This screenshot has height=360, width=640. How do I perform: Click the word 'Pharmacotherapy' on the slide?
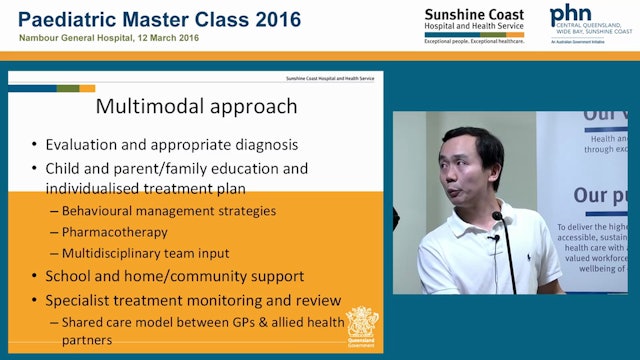pos(114,231)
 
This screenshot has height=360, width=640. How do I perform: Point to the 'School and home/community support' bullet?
pos(174,275)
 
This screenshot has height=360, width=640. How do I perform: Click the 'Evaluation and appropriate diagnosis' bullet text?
pos(171,144)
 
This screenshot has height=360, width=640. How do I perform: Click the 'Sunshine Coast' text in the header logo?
pos(466,14)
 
